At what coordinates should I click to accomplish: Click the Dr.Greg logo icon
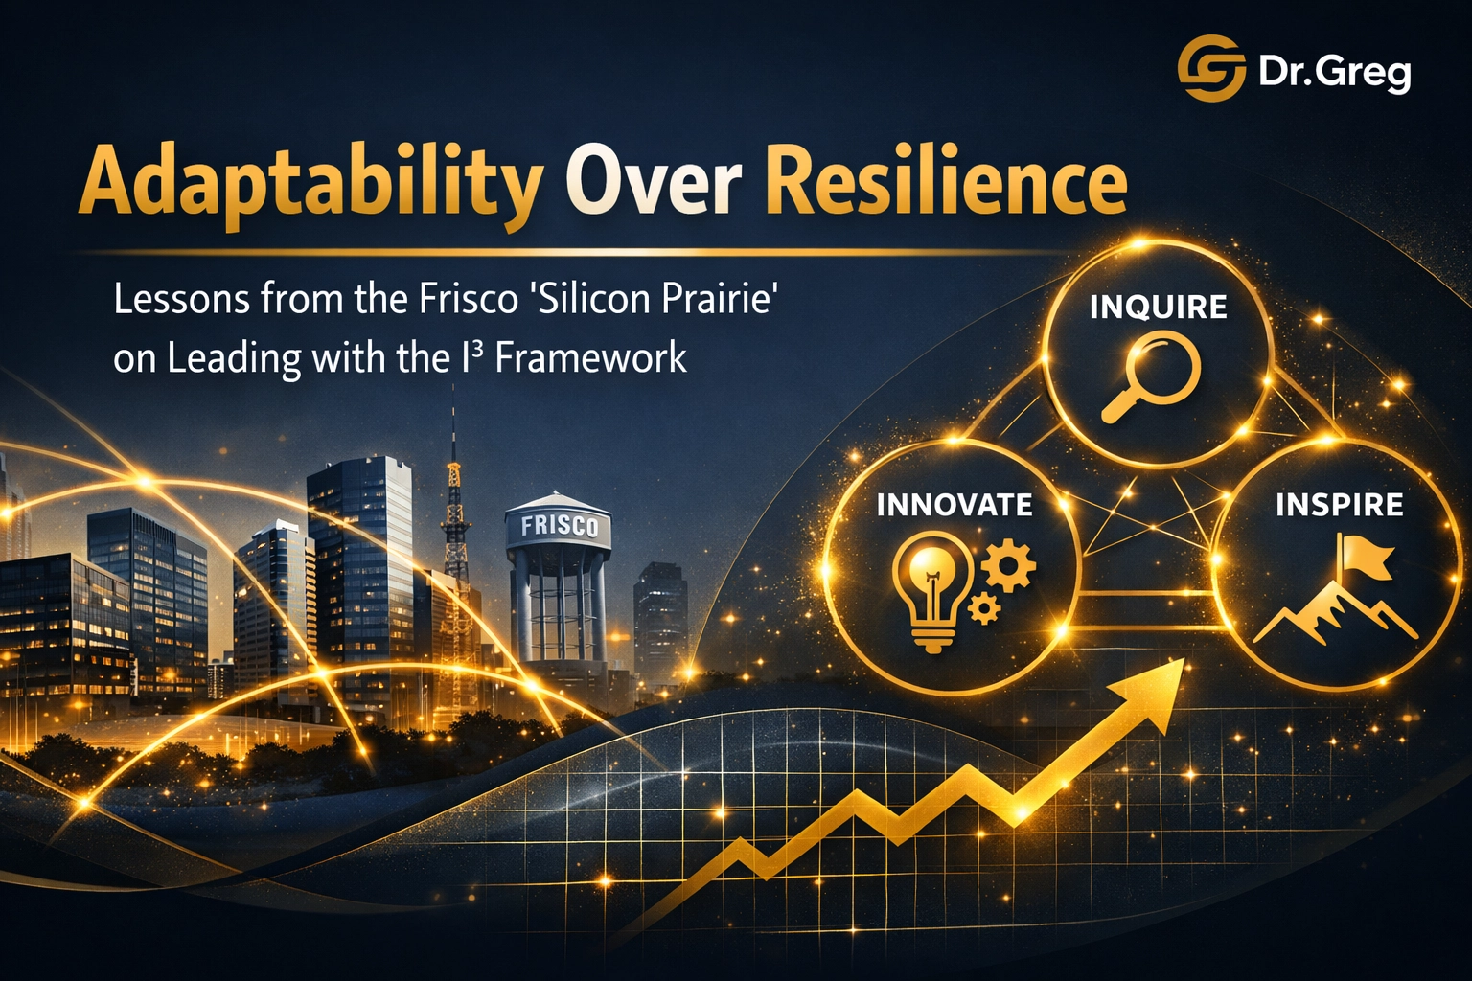pyautogui.click(x=1210, y=68)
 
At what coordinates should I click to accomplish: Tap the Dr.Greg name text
pyautogui.click(x=1334, y=72)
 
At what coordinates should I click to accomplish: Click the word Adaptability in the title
pyautogui.click(x=309, y=182)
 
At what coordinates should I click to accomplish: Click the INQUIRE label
pyautogui.click(x=1158, y=307)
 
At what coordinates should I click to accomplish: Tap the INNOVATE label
pyautogui.click(x=954, y=505)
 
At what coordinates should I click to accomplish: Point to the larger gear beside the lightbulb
pyautogui.click(x=1008, y=565)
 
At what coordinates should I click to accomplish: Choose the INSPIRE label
pyautogui.click(x=1339, y=505)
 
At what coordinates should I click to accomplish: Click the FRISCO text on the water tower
pyautogui.click(x=559, y=527)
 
